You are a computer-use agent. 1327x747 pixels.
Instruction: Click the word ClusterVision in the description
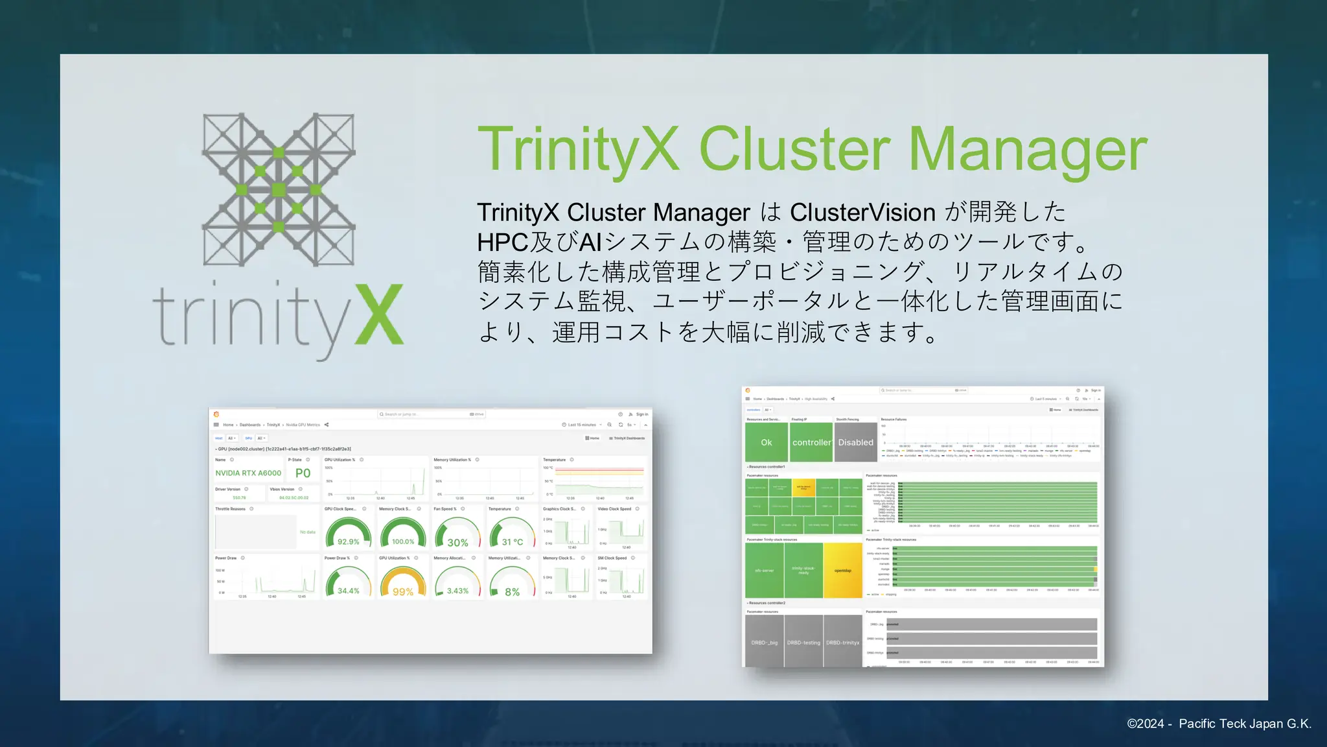pyautogui.click(x=862, y=213)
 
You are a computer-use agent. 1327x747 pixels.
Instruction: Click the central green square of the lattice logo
pyautogui.click(x=279, y=189)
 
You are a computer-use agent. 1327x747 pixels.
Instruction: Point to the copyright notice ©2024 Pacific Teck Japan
pyautogui.click(x=1219, y=724)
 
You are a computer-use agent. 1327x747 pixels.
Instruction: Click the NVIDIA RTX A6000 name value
pyautogui.click(x=248, y=473)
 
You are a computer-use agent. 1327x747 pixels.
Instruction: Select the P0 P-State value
pyautogui.click(x=303, y=473)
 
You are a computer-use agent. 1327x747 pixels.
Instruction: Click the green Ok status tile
pyautogui.click(x=767, y=442)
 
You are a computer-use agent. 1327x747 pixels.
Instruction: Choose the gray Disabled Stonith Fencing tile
pyautogui.click(x=855, y=442)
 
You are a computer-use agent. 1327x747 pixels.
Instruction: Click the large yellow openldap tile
pyautogui.click(x=842, y=571)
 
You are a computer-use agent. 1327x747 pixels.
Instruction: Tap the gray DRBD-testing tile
pyautogui.click(x=803, y=642)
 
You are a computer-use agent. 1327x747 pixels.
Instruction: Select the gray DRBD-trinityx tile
pyautogui.click(x=842, y=642)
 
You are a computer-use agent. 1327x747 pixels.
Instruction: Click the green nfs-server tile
pyautogui.click(x=765, y=571)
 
